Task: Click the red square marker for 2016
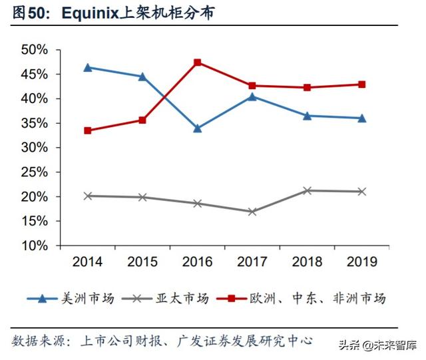[x=198, y=63]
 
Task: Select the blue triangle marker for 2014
[x=88, y=67]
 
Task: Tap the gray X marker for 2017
[x=252, y=212]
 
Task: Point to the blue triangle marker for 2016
[x=198, y=128]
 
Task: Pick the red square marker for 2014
[x=88, y=130]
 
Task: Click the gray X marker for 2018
[x=307, y=190]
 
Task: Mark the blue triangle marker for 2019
[x=362, y=118]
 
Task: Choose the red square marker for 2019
[x=362, y=85]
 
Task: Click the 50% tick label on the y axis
[x=35, y=50]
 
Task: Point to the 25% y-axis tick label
[x=35, y=172]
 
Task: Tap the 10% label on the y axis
[x=35, y=246]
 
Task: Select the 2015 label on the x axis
[x=142, y=262]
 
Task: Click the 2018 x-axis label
[x=307, y=262]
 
